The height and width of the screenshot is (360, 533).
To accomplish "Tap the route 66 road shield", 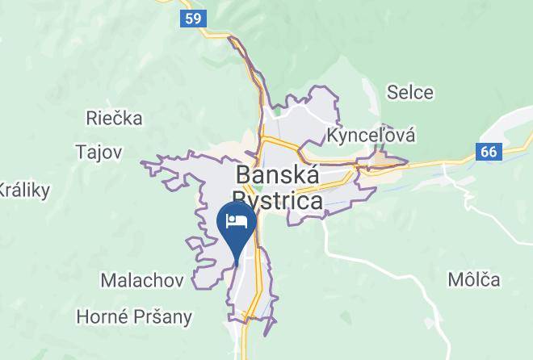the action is pyautogui.click(x=489, y=152).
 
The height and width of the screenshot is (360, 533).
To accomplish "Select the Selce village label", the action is pyautogui.click(x=410, y=93).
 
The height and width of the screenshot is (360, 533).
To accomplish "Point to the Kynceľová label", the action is pyautogui.click(x=371, y=135).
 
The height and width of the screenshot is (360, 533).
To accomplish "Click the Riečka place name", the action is pyautogui.click(x=114, y=119).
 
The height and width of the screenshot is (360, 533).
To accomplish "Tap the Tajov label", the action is pyautogui.click(x=98, y=151).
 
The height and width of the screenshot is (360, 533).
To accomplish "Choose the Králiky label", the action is pyautogui.click(x=24, y=190).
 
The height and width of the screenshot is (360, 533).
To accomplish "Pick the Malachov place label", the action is pyautogui.click(x=142, y=280).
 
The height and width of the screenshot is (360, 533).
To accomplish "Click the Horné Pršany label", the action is pyautogui.click(x=133, y=316).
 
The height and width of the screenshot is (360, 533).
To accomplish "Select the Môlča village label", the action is pyautogui.click(x=474, y=280).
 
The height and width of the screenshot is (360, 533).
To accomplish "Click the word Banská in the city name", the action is pyautogui.click(x=277, y=174).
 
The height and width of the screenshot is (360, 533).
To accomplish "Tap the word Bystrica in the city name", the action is pyautogui.click(x=277, y=200).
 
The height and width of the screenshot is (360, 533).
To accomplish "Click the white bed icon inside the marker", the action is pyautogui.click(x=237, y=220).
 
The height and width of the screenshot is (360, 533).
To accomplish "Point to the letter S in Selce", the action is pyautogui.click(x=392, y=93).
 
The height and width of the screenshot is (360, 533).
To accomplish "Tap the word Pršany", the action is pyautogui.click(x=164, y=317).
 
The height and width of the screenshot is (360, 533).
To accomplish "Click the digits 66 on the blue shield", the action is pyautogui.click(x=489, y=152).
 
